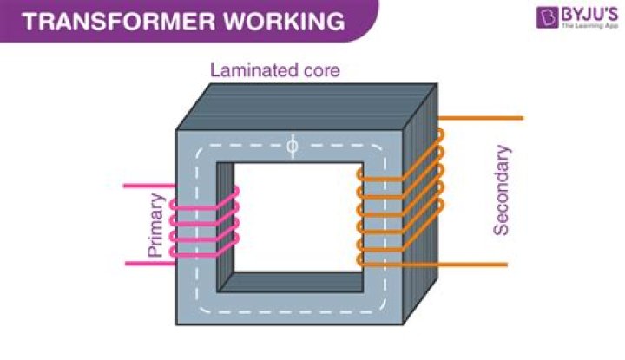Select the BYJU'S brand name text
pos(589,15)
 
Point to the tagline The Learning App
pos(589,28)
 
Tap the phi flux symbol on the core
pos(293,147)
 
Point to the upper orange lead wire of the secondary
pos(482,118)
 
